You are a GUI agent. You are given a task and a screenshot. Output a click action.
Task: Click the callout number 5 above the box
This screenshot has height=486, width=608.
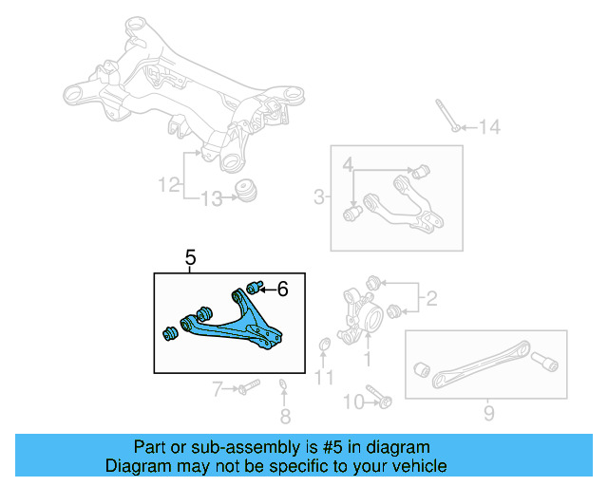click(x=191, y=257)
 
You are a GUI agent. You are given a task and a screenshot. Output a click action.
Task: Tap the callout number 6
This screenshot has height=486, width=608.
click(x=282, y=288)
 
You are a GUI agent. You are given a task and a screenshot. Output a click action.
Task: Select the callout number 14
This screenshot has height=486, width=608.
click(x=488, y=127)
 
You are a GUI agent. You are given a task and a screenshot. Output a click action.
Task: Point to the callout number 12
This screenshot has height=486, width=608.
click(x=168, y=185)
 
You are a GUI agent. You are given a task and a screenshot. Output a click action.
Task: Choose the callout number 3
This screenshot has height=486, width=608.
click(x=318, y=197)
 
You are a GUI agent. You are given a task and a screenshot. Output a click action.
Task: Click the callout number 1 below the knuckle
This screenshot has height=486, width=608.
click(x=368, y=359)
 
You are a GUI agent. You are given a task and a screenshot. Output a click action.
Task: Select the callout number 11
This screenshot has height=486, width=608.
click(x=325, y=379)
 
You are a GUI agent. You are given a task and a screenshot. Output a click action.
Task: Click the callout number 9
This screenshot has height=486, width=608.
click(x=488, y=413)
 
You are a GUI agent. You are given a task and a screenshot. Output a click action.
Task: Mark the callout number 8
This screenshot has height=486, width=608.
click(x=285, y=416)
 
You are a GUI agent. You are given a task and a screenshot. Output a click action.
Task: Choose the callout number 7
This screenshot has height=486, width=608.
click(x=217, y=387)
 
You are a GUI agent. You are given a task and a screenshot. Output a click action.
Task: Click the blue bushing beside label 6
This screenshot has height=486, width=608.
click(x=254, y=286)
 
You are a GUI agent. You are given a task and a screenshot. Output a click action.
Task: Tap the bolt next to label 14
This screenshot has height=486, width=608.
click(x=447, y=115)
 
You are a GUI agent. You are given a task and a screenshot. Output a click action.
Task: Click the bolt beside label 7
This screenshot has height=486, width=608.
click(x=249, y=387)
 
